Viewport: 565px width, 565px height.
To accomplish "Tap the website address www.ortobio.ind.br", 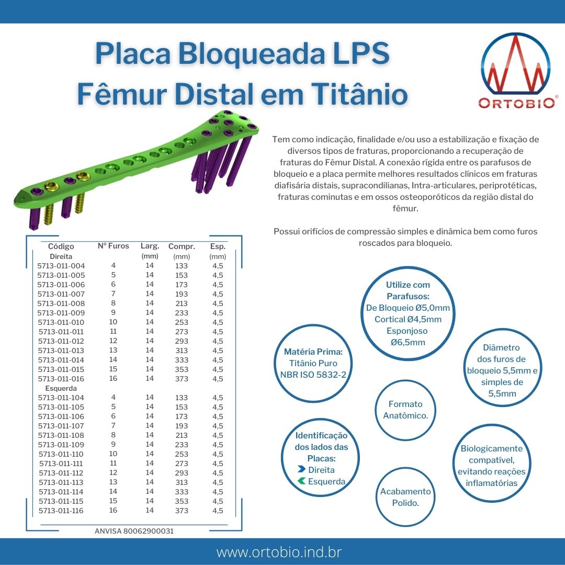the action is pyautogui.click(x=279, y=552).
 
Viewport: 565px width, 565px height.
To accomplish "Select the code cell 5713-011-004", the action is pyautogui.click(x=61, y=266).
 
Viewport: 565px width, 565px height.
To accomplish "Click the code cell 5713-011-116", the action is pyautogui.click(x=61, y=511).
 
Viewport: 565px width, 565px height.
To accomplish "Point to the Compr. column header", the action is pyautogui.click(x=182, y=246).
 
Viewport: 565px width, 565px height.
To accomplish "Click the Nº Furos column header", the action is pyautogui.click(x=113, y=246).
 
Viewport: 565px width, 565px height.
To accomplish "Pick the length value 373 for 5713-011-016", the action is pyautogui.click(x=182, y=379).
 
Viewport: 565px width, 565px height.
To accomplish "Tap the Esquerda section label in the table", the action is pyautogui.click(x=61, y=388).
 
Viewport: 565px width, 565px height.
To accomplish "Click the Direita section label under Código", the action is pyautogui.click(x=61, y=256).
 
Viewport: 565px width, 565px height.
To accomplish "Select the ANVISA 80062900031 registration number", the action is pyautogui.click(x=134, y=531).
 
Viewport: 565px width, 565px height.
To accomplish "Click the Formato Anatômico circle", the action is pyautogui.click(x=405, y=410).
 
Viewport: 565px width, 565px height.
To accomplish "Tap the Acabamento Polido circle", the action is pyautogui.click(x=405, y=497).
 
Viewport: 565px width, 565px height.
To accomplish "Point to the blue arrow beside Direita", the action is pyautogui.click(x=302, y=469).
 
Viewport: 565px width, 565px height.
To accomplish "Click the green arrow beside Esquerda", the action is pyautogui.click(x=302, y=481).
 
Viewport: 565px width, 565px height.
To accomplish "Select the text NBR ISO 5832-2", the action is pyautogui.click(x=313, y=375).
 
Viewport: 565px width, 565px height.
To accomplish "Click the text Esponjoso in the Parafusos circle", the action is pyautogui.click(x=407, y=331).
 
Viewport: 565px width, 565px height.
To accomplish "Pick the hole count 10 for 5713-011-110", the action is pyautogui.click(x=113, y=454).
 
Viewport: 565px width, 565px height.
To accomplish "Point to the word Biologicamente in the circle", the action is pyautogui.click(x=491, y=449).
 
